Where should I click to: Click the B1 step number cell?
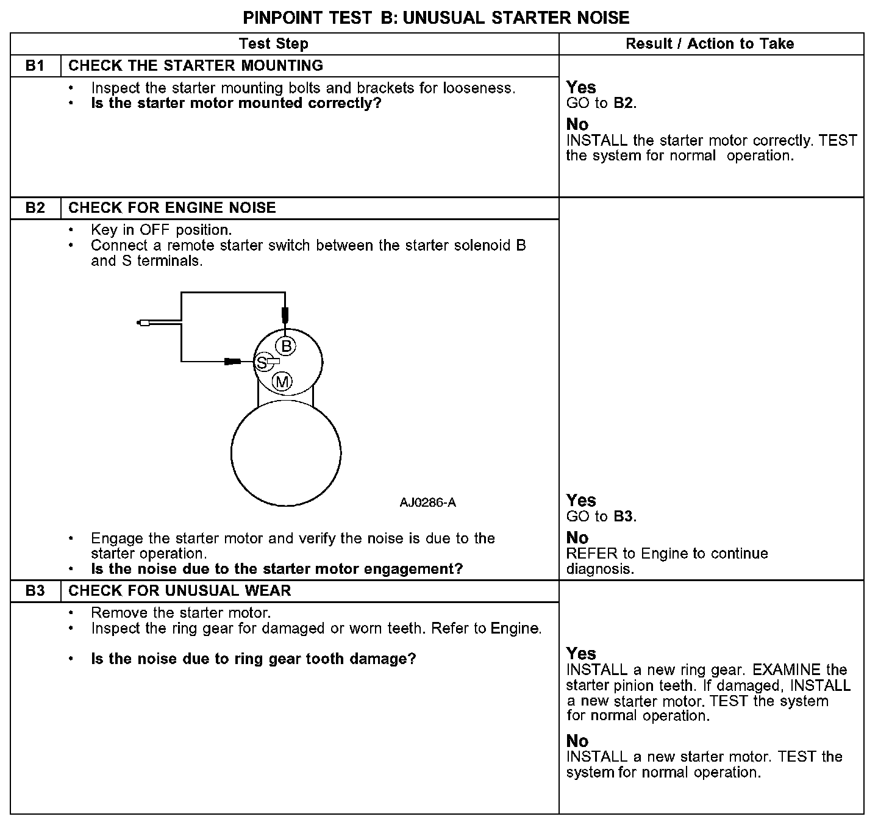35,65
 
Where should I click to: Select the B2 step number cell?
35,208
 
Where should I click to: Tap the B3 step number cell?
35,591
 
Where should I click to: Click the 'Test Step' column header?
274,44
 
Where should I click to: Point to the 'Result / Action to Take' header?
710,44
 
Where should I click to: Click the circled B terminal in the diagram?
285,346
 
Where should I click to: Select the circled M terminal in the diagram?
282,382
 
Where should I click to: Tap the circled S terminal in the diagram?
262,363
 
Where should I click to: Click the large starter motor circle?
286,453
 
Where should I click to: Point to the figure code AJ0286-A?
427,503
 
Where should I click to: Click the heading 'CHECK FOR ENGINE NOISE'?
172,208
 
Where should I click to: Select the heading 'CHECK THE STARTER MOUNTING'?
196,65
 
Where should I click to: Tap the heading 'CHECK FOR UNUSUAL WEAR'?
180,591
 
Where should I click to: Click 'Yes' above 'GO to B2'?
581,87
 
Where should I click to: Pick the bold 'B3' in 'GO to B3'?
623,517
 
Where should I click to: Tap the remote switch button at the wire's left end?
144,323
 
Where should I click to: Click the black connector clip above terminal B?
284,315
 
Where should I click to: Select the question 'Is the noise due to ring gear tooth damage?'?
253,659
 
